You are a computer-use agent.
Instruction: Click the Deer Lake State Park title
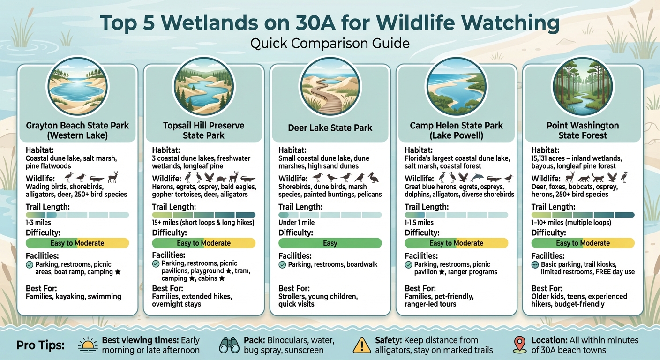330,127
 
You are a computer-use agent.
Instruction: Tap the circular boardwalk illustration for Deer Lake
330,86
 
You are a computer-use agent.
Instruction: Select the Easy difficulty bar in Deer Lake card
330,243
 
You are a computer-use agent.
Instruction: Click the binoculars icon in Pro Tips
230,346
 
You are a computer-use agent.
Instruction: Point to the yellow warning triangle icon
361,346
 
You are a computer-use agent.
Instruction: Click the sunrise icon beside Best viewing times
87,346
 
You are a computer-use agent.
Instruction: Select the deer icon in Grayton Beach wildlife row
113,177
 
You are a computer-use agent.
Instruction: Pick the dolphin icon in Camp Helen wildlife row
478,178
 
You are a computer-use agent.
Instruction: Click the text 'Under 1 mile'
296,223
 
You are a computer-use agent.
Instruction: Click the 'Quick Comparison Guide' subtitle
330,44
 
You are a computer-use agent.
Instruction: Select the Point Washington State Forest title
583,130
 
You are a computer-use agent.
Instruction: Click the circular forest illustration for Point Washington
583,86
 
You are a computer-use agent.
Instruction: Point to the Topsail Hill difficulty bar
204,243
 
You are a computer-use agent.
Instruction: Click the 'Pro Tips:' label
40,346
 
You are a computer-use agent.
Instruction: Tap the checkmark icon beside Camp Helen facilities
409,265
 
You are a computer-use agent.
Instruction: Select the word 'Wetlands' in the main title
248,23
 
